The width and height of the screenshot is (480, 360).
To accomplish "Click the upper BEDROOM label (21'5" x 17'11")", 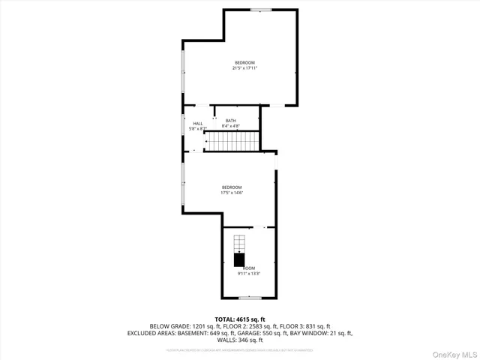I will (244, 62).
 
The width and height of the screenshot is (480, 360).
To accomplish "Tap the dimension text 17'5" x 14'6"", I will (232, 193).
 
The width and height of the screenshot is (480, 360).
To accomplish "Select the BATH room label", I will (230, 121).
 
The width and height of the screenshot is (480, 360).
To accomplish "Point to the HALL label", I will (198, 124).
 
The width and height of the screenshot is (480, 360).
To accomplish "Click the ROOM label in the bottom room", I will (248, 268).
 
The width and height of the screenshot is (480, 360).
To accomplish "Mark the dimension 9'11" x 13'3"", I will (248, 274).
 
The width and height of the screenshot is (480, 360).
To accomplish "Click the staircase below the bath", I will (233, 140).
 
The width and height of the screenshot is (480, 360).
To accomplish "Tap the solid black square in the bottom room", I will (238, 259).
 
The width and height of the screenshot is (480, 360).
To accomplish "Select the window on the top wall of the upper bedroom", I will (260, 10).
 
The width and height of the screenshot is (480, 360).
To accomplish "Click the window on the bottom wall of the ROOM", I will (249, 298).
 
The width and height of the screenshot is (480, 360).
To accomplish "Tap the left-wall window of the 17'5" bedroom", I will (182, 183).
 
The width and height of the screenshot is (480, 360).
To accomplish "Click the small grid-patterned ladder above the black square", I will (238, 244).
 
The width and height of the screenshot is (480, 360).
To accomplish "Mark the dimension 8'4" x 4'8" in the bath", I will (230, 127).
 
